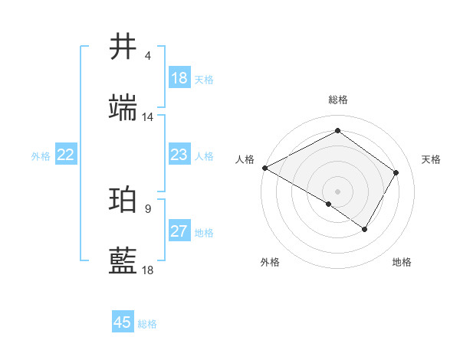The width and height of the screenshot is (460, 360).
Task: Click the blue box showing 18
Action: pos(179,78)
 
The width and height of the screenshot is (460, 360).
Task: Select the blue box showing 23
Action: pos(179,155)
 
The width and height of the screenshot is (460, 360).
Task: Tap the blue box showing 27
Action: pos(179,231)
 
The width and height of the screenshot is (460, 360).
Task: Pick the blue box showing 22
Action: pos(66,155)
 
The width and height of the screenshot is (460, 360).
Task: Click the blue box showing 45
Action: pos(123,322)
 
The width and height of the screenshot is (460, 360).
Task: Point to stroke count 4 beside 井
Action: pos(148,56)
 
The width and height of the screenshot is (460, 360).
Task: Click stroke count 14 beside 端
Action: pos(148,117)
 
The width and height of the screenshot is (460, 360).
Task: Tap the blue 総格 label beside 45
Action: pos(147,324)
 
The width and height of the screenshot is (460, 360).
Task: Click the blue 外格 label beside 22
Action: pos(41,156)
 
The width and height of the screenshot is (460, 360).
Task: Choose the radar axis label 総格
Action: pos(337,100)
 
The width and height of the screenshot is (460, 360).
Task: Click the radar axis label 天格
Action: pos(432,159)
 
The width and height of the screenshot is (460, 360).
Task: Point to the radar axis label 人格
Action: pos(245,159)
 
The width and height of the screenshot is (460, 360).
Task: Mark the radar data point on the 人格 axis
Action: pos(264,168)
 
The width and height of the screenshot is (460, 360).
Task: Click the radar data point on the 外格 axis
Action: pos(329,204)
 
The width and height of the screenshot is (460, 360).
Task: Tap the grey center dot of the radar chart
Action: pos(337,191)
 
